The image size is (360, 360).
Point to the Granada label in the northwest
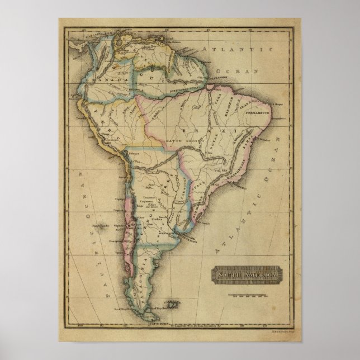pos(99,79)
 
